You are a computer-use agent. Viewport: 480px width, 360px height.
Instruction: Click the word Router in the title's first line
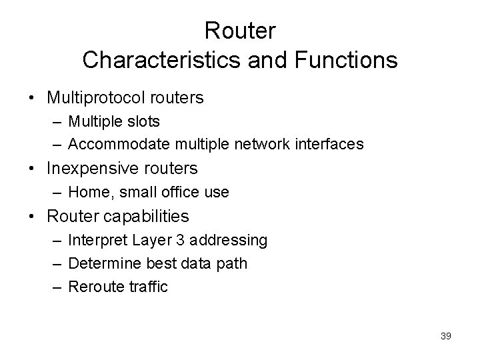click(x=240, y=31)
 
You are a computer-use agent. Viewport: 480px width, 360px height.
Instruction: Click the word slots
click(x=145, y=122)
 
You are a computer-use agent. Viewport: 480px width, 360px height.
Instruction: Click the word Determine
click(x=100, y=263)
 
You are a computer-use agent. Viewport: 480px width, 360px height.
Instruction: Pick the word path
click(x=233, y=263)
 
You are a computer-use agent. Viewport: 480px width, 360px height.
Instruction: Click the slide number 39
click(x=446, y=337)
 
